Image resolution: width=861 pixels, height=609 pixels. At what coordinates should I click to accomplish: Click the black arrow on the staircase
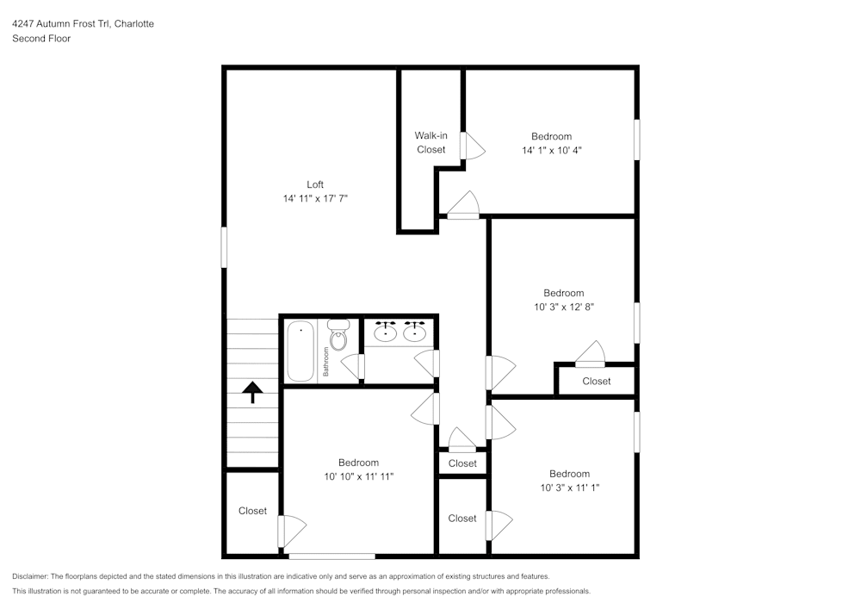(x=252, y=393)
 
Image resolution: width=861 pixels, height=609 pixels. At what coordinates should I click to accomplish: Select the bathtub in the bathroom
(x=300, y=351)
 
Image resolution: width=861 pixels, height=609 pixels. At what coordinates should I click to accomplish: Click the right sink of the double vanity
(x=417, y=331)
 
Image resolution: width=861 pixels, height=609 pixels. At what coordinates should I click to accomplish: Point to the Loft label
(x=315, y=184)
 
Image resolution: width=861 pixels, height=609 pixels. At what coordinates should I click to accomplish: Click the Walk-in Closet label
(x=430, y=142)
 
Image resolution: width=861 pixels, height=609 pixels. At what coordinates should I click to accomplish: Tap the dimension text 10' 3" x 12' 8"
(x=563, y=307)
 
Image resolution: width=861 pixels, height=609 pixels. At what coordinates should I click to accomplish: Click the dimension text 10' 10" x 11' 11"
(x=358, y=476)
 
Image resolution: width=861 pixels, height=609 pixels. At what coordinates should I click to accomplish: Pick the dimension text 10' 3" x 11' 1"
(x=569, y=488)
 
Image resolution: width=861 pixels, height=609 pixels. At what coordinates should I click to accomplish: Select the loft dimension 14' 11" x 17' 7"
(x=315, y=198)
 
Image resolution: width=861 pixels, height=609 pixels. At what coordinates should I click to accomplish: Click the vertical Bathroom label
(x=326, y=362)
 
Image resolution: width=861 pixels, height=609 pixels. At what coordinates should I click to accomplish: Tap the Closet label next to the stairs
(x=252, y=511)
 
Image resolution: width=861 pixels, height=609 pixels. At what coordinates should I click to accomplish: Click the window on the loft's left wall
(x=224, y=246)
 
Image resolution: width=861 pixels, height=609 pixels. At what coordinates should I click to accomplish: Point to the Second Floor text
(x=41, y=39)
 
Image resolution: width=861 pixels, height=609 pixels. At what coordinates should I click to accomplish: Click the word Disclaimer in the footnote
(x=30, y=576)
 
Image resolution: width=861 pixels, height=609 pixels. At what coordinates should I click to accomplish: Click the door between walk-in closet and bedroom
(x=465, y=145)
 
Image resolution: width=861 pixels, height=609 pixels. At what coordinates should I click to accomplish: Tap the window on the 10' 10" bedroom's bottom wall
(x=331, y=556)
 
